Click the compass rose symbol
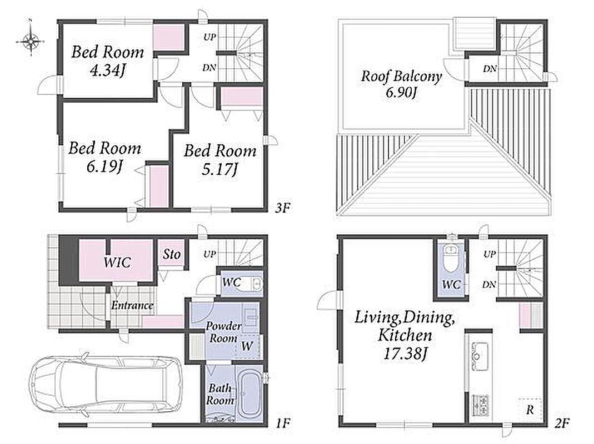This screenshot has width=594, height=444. pos(31,41)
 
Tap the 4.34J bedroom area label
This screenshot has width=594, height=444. pos(108,70)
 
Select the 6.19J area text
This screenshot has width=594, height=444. pos(104,166)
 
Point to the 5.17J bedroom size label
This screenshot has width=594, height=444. pos(219,169)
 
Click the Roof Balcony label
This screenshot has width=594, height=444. pos(401,76)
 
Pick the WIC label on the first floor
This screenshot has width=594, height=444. pos(117,262)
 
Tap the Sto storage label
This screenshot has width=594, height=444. pos(172,254)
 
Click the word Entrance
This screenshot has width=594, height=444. pos(132,305)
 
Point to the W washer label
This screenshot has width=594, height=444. pos(247,346)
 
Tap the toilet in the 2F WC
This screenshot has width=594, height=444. pos(451,258)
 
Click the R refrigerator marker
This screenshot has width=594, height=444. pos(530,409)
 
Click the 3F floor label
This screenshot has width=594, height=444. pos(283,208)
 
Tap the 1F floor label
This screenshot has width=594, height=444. pos(283,423)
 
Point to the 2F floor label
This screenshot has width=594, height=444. pos(562,423)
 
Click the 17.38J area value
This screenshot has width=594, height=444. pos(405,354)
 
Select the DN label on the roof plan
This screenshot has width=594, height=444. pos(490,69)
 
